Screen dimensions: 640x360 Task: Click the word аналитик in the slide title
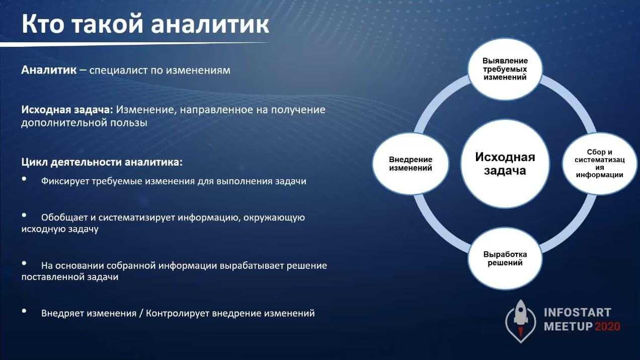pos(210,24)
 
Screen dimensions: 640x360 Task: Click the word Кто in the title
pos(43,24)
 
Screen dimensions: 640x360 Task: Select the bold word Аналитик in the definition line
pos(49,70)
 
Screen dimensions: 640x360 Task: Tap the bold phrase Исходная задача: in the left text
pos(67,110)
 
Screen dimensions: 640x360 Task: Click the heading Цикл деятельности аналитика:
pos(102,162)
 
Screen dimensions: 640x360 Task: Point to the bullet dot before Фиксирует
pos(24,179)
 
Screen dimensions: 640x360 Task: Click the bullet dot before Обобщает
pos(24,215)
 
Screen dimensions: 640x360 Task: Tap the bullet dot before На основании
pos(24,263)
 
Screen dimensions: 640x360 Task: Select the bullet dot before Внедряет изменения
pos(24,311)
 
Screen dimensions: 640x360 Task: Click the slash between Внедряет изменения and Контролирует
pos(140,313)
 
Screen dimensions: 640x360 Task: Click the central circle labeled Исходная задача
pos(505,164)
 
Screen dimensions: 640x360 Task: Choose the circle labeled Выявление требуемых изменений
pos(505,69)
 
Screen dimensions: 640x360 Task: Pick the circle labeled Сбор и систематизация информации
pos(600,164)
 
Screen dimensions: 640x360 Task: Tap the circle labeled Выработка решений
pos(505,258)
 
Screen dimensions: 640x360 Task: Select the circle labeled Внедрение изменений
pos(411,164)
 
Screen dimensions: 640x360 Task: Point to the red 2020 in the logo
pos(607,327)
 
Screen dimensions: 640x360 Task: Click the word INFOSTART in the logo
pos(578,313)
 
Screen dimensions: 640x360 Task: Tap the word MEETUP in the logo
pos(568,327)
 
